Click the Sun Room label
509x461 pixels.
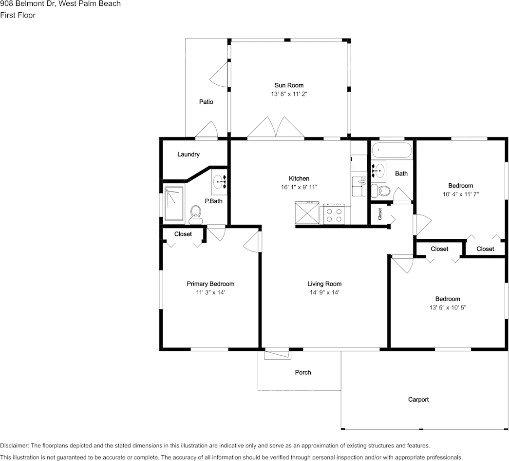pos(289,85)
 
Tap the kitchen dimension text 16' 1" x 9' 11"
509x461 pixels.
pos(299,187)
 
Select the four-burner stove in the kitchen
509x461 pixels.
pos(334,214)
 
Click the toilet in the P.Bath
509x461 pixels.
pos(196,215)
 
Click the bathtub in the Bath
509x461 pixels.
pos(392,150)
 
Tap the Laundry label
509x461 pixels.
pos(189,154)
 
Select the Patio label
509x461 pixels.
pos(206,102)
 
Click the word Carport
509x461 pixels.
pos(418,400)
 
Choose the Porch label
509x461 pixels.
pos(303,373)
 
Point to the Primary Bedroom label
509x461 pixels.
pos(210,284)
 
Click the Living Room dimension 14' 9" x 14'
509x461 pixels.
pos(324,292)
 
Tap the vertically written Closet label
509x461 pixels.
pos(380,214)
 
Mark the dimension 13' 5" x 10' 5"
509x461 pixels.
pos(448,307)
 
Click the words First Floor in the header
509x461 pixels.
pos(18,15)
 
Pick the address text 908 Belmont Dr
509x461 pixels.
pos(28,3)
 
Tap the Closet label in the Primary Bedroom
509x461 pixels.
pos(183,234)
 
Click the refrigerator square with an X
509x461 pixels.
pos(307,213)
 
